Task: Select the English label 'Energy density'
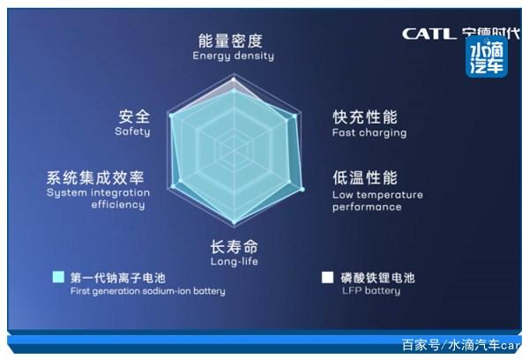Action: [233, 56]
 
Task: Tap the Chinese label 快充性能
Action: [365, 116]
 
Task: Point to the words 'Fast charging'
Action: [369, 133]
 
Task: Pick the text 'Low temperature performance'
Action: [377, 201]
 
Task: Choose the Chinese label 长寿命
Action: [234, 246]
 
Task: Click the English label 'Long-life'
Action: [234, 261]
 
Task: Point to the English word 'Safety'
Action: [132, 131]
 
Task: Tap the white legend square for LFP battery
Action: [327, 276]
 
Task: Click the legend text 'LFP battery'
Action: [370, 290]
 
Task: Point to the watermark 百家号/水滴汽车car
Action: [460, 344]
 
